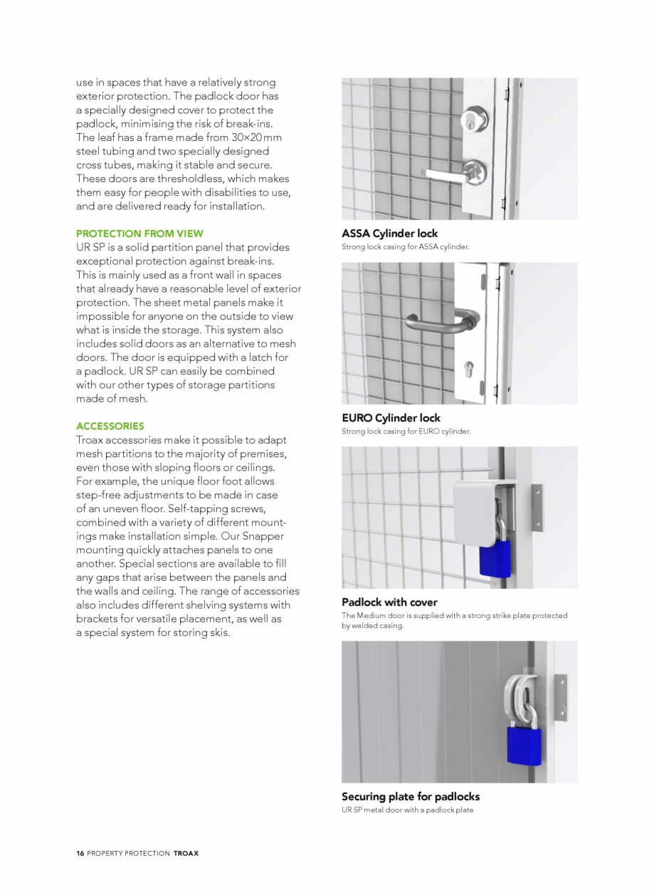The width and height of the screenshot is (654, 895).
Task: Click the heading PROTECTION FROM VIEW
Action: [139, 234]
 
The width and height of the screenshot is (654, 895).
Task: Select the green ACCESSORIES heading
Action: [110, 426]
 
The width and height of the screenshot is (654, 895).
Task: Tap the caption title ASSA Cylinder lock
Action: [389, 234]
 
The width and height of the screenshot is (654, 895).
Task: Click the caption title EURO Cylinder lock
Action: [391, 418]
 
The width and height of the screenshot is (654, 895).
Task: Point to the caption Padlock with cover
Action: [389, 602]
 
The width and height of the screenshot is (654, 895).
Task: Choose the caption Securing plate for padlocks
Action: [411, 797]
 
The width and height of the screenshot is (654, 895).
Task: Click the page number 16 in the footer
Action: [80, 853]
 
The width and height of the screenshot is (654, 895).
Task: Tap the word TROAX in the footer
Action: [186, 853]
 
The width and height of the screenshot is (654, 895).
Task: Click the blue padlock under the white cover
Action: [495, 559]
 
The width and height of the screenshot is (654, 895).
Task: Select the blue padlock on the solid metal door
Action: [524, 745]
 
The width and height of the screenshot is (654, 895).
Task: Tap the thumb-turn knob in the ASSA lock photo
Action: [475, 170]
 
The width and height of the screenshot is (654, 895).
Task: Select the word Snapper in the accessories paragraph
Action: [263, 536]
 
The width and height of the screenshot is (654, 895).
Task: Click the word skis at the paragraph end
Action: [218, 633]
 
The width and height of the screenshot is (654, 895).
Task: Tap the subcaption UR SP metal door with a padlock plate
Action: [407, 810]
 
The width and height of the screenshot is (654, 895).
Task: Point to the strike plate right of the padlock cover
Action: [537, 508]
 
